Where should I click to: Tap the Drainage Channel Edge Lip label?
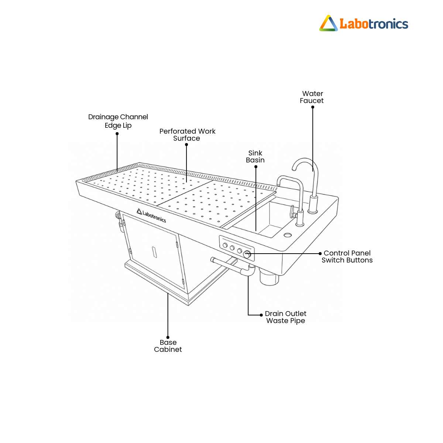point(118,121)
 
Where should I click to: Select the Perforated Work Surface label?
point(187,135)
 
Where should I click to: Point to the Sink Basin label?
point(255,157)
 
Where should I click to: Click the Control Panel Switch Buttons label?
point(347,257)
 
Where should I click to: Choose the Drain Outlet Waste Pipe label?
point(285,317)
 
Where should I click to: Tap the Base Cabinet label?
point(168,346)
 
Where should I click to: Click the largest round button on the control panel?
point(247,255)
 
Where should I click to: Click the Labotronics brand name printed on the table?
point(151,216)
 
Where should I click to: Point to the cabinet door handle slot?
point(154,252)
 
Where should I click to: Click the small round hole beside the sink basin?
point(287,235)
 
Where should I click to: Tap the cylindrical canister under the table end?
point(269,278)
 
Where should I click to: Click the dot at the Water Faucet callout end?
point(313,107)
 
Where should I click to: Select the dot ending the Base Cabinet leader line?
point(168,337)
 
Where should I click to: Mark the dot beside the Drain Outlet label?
point(261,315)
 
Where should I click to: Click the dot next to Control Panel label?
point(320,254)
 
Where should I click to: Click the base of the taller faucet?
point(313,205)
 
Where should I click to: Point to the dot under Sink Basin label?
point(256,166)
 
